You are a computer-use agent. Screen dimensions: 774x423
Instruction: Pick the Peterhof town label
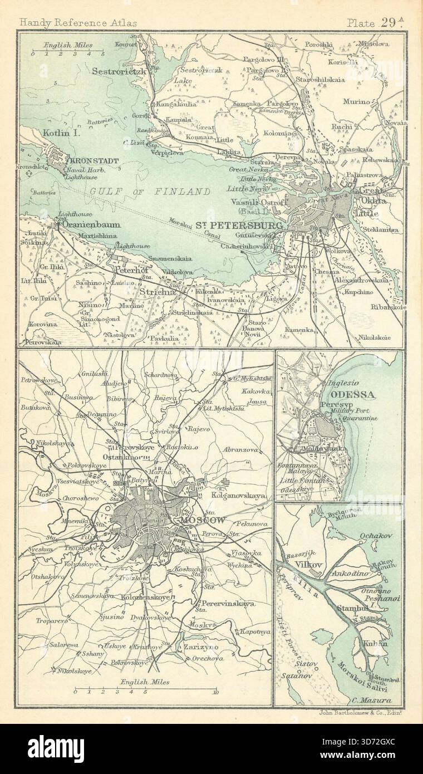point(129,267)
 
